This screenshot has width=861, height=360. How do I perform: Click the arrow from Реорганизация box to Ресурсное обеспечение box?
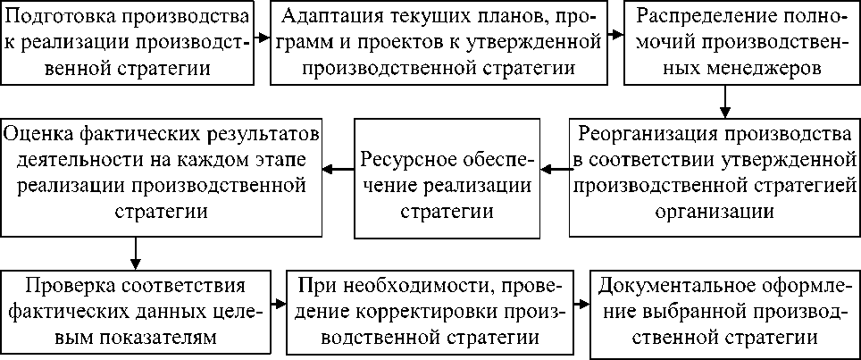tap(556, 168)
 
